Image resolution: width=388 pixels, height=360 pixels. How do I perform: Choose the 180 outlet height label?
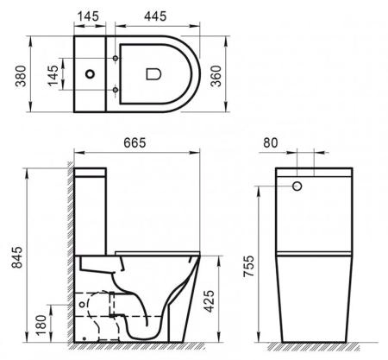point(41,323)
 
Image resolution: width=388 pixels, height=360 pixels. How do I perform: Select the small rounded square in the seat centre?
point(156,74)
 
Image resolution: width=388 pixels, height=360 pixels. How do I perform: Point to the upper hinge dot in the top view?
point(114,60)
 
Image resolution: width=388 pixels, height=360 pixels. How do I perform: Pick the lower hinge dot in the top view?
point(114,89)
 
